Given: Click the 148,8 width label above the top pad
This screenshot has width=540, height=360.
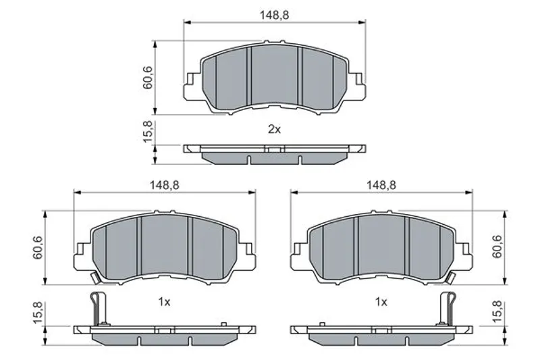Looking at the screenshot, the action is click(274, 15).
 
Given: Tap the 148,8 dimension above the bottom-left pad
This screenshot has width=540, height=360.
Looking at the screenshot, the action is click(164, 185).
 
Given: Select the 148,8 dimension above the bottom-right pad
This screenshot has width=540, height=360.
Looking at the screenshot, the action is click(381, 185).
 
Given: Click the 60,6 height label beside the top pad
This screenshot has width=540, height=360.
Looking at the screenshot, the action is click(147, 78).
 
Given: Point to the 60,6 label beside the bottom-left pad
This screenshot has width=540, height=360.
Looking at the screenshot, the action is click(38, 247).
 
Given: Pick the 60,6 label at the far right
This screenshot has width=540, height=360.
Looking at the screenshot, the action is click(497, 247).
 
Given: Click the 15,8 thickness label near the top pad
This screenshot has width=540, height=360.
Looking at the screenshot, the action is click(147, 131).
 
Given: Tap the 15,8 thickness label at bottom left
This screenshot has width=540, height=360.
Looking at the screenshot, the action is click(38, 313).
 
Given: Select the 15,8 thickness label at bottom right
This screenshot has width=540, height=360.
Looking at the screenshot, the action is click(497, 312).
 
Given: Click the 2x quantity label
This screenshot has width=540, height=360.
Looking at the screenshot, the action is click(275, 130).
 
